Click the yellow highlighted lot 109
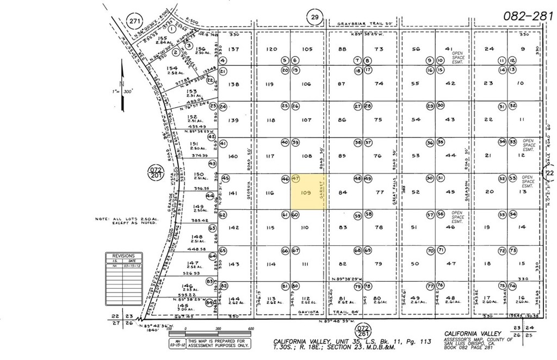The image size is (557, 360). pyautogui.click(x=308, y=192)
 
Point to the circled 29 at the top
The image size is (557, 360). pyautogui.click(x=314, y=17)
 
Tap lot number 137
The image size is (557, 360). pyautogui.click(x=234, y=49)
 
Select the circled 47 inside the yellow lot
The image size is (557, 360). pyautogui.click(x=296, y=178)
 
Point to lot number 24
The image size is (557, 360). pyautogui.click(x=489, y=49)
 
